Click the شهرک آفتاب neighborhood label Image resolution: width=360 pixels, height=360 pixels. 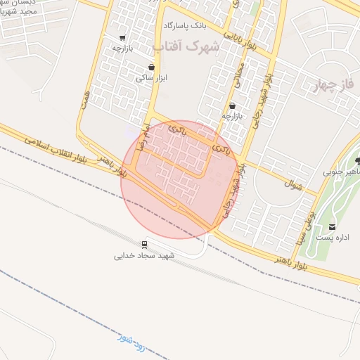[186, 46]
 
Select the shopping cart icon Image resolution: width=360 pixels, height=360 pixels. [123, 38]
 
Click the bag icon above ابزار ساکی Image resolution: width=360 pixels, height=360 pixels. [152, 67]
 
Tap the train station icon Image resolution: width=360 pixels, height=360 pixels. [144, 245]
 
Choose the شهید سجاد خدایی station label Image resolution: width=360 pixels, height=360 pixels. [143, 256]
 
